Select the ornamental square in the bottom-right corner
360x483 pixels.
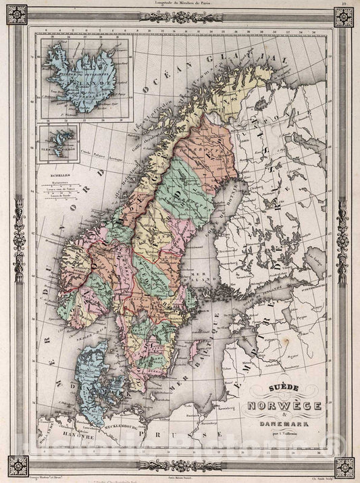(x=344, y=466)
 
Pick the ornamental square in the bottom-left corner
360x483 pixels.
(x=16, y=466)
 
